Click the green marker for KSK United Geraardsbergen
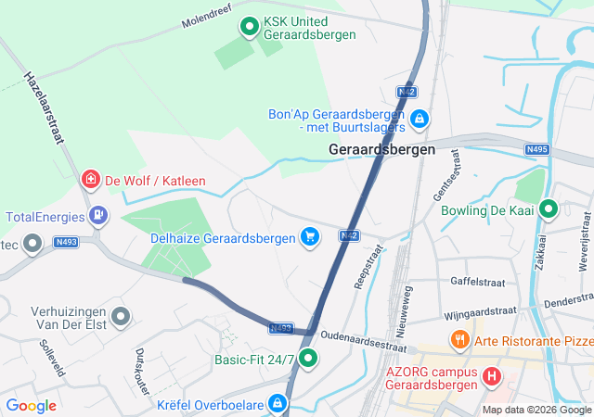point(249,27)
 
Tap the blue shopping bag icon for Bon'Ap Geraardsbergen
point(420,119)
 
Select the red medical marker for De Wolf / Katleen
point(90,180)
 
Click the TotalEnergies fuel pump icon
point(97,217)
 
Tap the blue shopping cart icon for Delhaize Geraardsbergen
point(310,238)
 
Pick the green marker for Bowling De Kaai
point(549,210)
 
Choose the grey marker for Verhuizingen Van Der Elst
point(120,318)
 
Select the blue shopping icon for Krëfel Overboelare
point(277,403)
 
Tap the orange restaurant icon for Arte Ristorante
point(458,340)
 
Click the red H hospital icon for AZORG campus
point(491,377)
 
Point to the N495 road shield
point(536,149)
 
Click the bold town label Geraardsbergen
point(381,149)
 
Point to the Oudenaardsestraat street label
point(363,341)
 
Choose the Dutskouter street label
point(141,371)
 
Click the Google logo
point(32,405)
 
